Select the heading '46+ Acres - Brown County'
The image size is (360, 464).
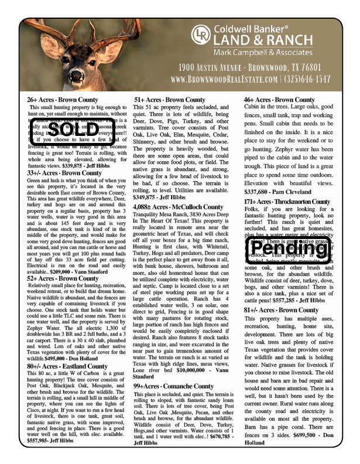279,100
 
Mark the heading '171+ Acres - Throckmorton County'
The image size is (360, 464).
287,202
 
